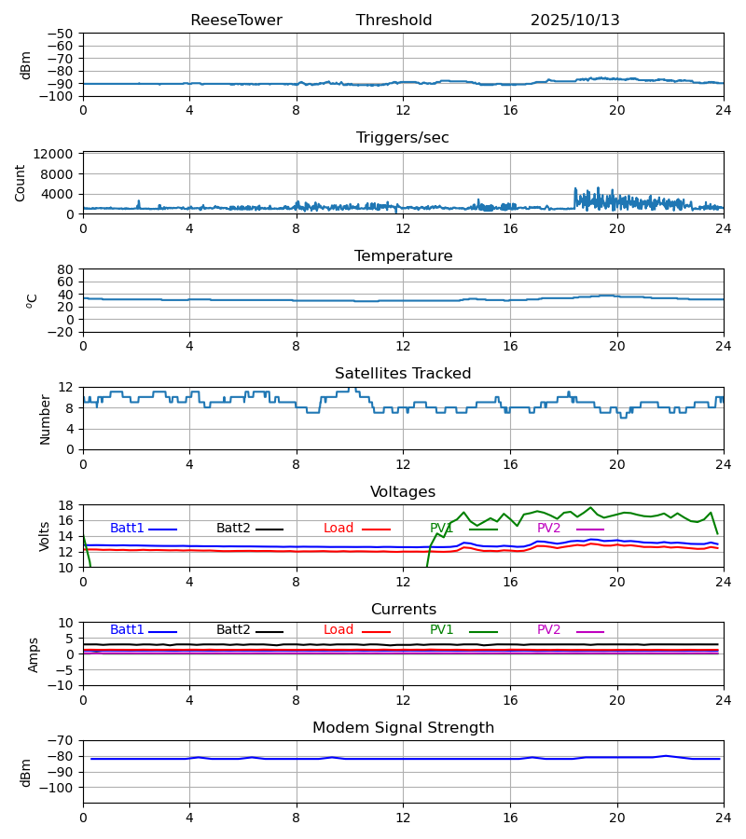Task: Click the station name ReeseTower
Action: tap(236, 21)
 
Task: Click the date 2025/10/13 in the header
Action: tap(574, 21)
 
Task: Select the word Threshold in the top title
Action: tap(394, 21)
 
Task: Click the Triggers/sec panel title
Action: tap(403, 138)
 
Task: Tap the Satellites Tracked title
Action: tap(403, 374)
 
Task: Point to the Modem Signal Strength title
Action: tap(403, 728)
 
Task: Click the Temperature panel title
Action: tap(403, 256)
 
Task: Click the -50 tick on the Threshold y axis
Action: tap(64, 34)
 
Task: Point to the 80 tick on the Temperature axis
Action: tap(67, 269)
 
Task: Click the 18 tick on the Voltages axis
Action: tap(67, 505)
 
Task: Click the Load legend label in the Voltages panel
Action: tap(338, 529)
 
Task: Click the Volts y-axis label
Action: tap(45, 536)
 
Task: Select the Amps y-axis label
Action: tap(34, 654)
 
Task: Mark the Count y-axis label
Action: tap(21, 183)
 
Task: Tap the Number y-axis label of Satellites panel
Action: tap(45, 419)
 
